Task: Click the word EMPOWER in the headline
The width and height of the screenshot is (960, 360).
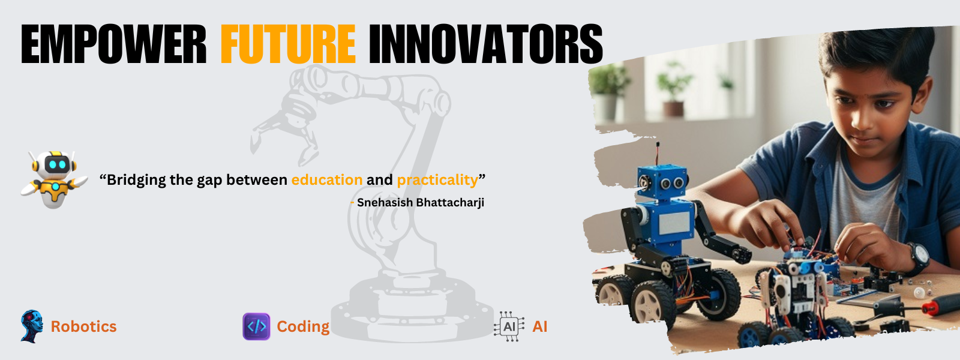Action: click(x=113, y=44)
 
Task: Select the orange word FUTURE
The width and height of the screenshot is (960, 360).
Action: click(x=288, y=44)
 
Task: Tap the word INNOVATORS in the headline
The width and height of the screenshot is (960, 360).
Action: click(x=486, y=44)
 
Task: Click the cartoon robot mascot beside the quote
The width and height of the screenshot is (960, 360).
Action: click(x=54, y=179)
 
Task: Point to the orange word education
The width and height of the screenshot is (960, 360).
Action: click(x=327, y=179)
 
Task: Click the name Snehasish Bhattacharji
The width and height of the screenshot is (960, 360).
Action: click(x=421, y=202)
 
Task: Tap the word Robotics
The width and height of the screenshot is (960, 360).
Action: click(x=83, y=326)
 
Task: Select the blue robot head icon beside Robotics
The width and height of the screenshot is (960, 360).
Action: click(x=32, y=326)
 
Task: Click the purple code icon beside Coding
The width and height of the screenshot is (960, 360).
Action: click(x=256, y=326)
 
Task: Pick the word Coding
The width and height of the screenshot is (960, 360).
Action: click(x=303, y=327)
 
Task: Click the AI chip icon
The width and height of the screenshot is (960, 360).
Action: click(x=509, y=326)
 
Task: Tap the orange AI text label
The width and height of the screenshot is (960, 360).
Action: click(x=539, y=326)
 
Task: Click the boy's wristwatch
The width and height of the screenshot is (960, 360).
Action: click(x=918, y=259)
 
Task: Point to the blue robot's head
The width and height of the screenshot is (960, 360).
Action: click(x=662, y=182)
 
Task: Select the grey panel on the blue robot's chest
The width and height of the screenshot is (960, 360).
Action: click(x=674, y=223)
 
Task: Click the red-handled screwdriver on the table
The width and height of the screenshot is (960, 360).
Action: click(x=941, y=305)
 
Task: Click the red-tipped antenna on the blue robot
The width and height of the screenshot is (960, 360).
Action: click(x=658, y=154)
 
